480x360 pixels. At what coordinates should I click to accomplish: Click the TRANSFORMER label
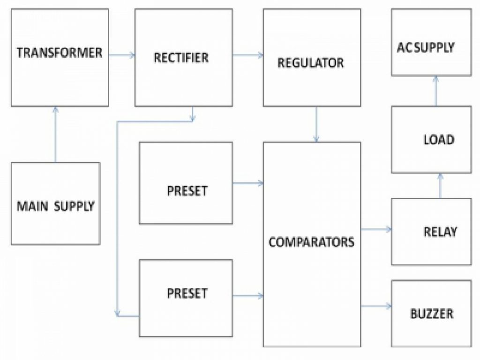[x=60, y=52]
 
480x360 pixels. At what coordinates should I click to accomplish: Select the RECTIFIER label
[x=181, y=58]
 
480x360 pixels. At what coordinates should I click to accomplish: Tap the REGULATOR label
[x=311, y=63]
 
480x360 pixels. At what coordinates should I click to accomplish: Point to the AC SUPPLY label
[x=426, y=47]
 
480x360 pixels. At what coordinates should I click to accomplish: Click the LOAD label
[x=438, y=140]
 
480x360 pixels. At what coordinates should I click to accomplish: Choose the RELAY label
[x=440, y=232]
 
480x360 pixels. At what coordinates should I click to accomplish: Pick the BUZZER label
[x=432, y=313]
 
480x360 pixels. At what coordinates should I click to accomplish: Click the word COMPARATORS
[x=311, y=242]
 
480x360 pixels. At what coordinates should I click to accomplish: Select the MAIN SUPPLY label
[x=56, y=206]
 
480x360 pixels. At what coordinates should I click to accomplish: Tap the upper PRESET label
[x=187, y=191]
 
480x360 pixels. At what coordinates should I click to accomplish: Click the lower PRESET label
[x=187, y=293]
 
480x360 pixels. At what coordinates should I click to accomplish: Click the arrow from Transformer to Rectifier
[x=122, y=55]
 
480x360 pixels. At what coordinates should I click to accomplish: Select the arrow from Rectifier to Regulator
[x=247, y=55]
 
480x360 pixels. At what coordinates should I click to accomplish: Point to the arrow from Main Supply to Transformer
[x=55, y=134]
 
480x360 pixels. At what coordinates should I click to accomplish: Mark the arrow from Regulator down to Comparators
[x=316, y=124]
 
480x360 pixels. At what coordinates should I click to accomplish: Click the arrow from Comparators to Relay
[x=376, y=229]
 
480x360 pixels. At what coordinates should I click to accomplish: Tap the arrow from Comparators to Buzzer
[x=376, y=306]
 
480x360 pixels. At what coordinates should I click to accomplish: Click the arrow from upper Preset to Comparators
[x=247, y=183]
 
